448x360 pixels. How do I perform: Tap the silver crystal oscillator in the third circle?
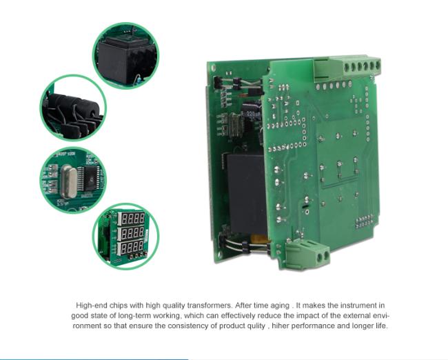coord(68,181)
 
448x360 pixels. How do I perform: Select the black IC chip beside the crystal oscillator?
coord(90,179)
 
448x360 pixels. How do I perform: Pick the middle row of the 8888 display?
coord(132,233)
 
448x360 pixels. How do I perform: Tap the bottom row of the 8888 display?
coord(132,248)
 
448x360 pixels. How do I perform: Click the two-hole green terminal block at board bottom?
coord(307,254)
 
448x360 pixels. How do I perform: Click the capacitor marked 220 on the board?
coord(251,112)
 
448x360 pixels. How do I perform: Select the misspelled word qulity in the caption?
coord(256,326)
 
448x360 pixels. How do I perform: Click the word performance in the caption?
coord(313,326)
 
